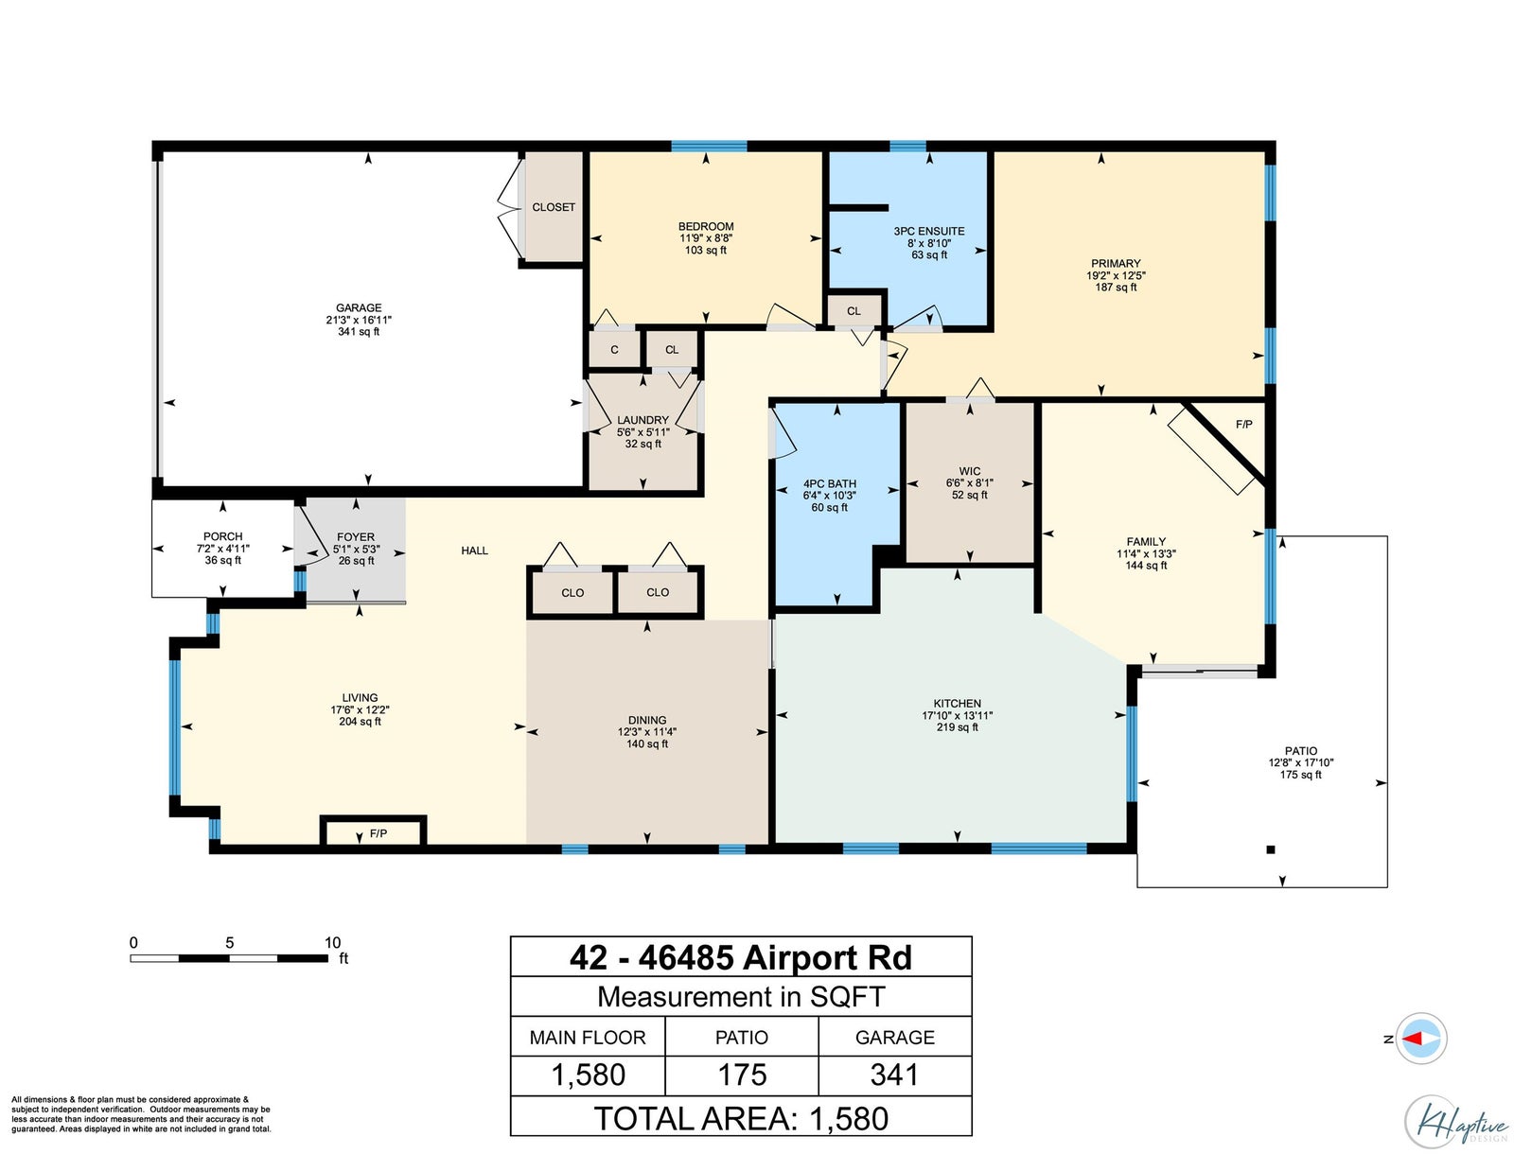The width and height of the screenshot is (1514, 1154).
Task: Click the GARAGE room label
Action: pyautogui.click(x=358, y=307)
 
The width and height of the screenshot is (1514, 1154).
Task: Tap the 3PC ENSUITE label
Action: pyautogui.click(x=928, y=231)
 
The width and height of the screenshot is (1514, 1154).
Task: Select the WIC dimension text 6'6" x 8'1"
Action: pyautogui.click(x=969, y=483)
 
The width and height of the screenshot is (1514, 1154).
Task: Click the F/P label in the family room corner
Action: pyautogui.click(x=1243, y=425)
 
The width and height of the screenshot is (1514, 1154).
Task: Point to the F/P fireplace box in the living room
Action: pyautogui.click(x=373, y=831)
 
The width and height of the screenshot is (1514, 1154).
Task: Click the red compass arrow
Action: pyautogui.click(x=1413, y=1039)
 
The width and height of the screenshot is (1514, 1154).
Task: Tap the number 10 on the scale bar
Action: pyautogui.click(x=332, y=942)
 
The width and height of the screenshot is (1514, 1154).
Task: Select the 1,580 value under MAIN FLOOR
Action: pyautogui.click(x=588, y=1075)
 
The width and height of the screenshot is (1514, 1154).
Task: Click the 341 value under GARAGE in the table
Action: pyautogui.click(x=894, y=1075)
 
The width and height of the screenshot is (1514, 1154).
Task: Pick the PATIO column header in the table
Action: pyautogui.click(x=742, y=1038)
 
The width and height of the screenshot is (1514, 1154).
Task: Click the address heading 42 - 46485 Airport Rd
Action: pyautogui.click(x=741, y=957)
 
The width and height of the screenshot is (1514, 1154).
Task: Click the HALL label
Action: pyautogui.click(x=475, y=551)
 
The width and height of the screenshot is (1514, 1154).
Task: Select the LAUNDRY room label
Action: pyautogui.click(x=643, y=420)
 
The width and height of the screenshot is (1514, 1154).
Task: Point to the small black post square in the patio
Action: pyautogui.click(x=1271, y=849)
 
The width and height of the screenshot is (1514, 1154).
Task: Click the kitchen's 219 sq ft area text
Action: pyautogui.click(x=957, y=726)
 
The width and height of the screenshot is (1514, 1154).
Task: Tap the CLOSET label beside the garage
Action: pyautogui.click(x=554, y=207)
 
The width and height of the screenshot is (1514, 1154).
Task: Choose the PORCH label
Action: pyautogui.click(x=222, y=536)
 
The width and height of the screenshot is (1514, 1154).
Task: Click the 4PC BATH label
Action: pyautogui.click(x=829, y=484)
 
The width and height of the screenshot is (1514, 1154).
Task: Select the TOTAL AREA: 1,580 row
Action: pyautogui.click(x=741, y=1119)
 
